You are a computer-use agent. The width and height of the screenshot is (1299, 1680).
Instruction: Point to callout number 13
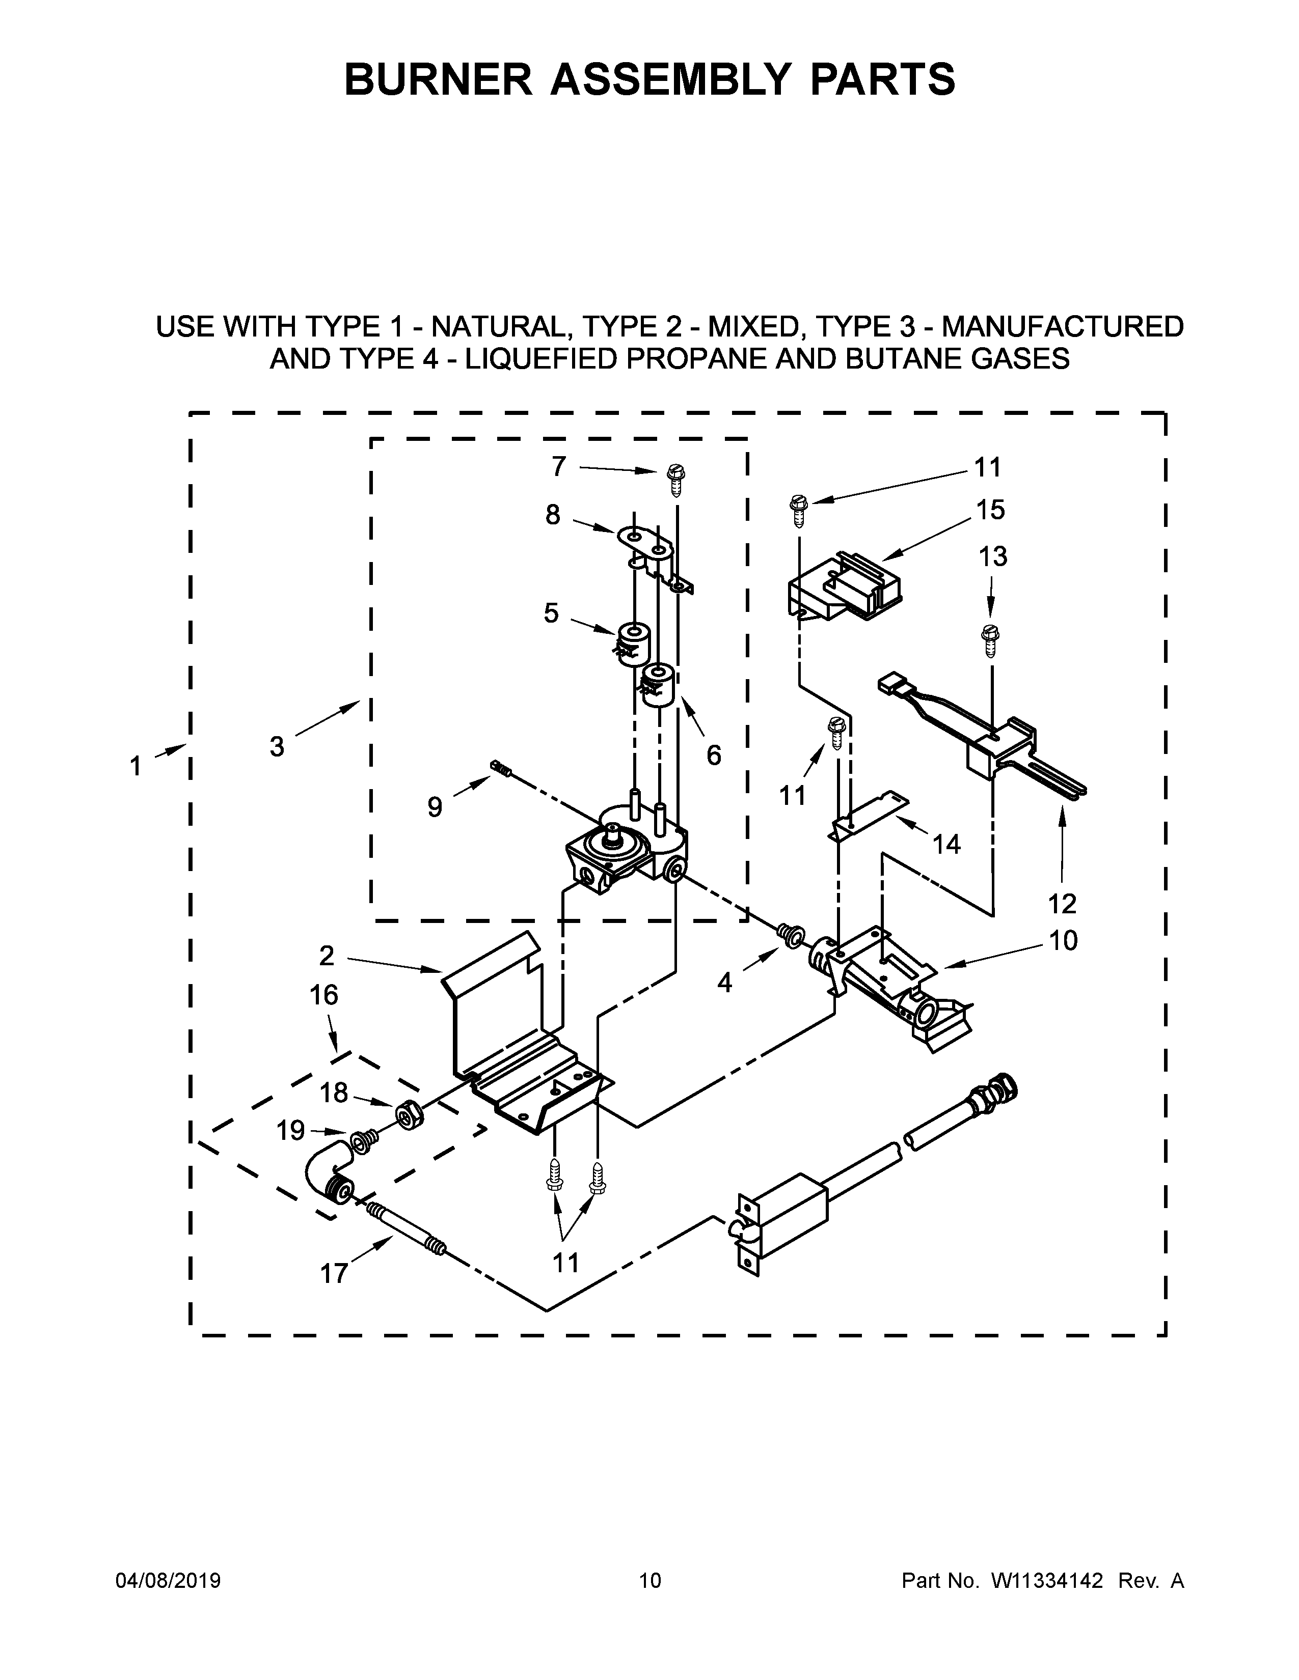(993, 556)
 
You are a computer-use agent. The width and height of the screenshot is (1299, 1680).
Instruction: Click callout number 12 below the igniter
(1062, 903)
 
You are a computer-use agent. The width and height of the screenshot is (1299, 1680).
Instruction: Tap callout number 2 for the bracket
(327, 956)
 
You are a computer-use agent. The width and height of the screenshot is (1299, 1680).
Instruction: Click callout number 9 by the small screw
(435, 807)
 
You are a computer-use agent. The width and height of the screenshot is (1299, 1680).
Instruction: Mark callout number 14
(946, 844)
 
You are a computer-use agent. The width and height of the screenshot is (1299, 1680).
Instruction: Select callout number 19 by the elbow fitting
(291, 1130)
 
